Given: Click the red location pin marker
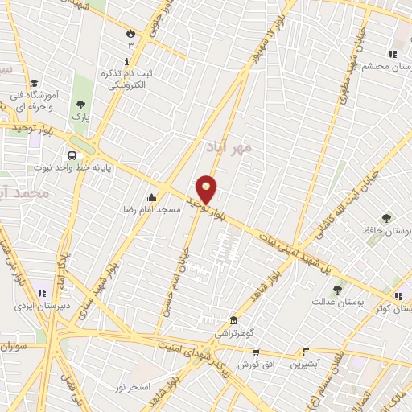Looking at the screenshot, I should pos(208,189).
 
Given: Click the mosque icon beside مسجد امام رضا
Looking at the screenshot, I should pos(151,197).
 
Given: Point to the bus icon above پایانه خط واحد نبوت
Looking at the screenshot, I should pos(72,155).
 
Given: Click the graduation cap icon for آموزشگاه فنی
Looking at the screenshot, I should pos(34,83).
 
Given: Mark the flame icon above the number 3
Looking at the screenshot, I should pos(130,33).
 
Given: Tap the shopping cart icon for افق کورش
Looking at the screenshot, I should pos(256,352).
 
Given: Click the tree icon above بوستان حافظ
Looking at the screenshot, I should pos(386,218).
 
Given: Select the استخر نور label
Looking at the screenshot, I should pos(132,388).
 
